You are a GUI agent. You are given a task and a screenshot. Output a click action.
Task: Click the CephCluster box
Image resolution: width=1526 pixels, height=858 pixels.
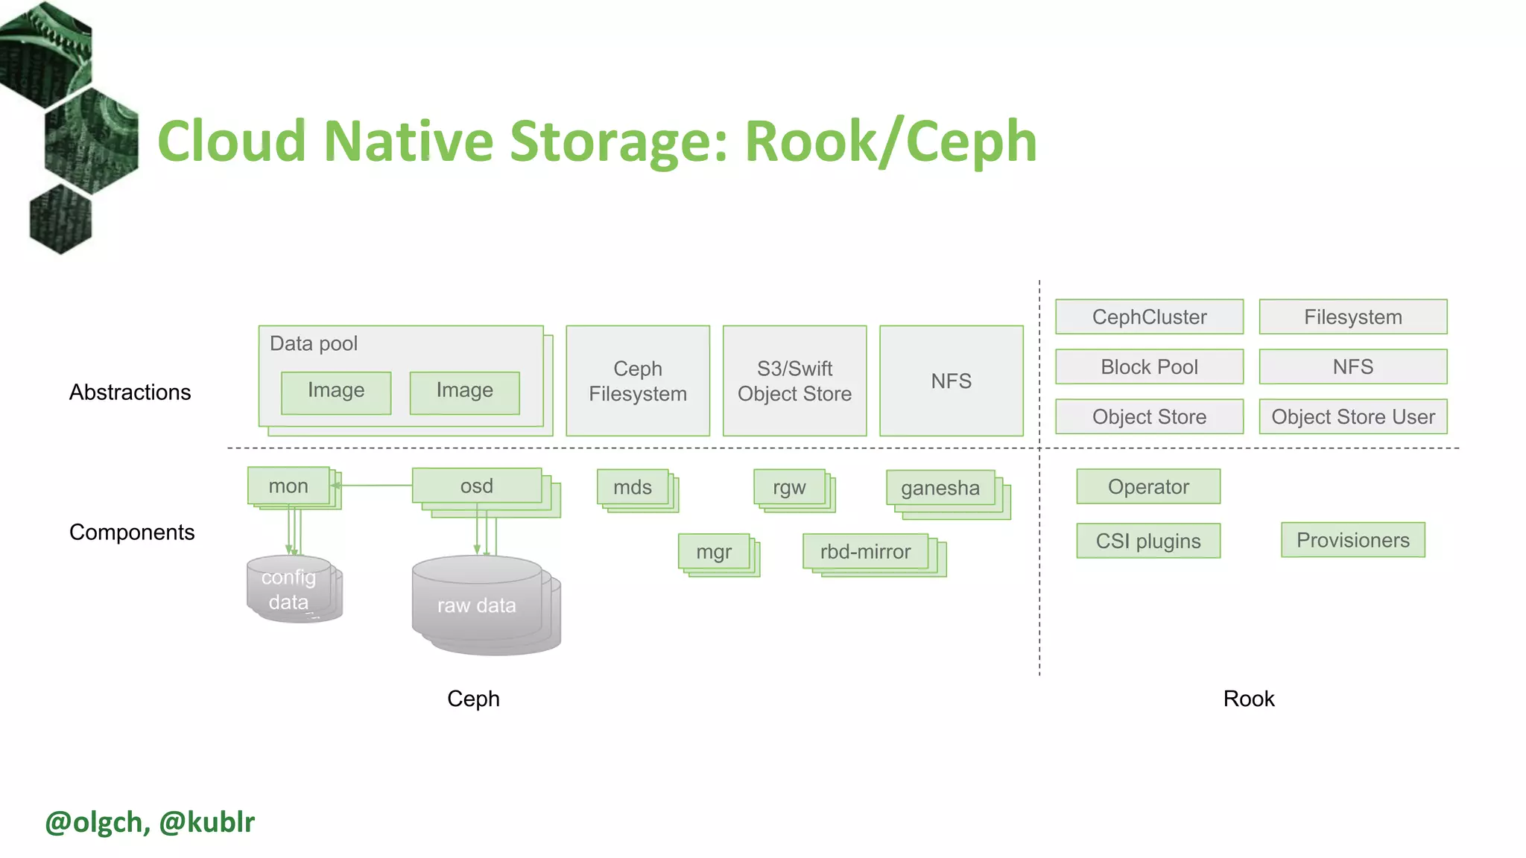[1149, 317]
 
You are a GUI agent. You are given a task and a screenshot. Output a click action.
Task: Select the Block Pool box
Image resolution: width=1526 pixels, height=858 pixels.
[1149, 366]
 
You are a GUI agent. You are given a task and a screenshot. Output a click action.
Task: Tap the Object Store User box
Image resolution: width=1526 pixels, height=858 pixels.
[1352, 416]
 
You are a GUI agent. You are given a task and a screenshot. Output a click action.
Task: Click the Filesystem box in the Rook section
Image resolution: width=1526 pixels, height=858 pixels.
[1352, 317]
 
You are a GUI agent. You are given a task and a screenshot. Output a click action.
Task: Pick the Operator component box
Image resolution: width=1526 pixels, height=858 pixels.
[1147, 486]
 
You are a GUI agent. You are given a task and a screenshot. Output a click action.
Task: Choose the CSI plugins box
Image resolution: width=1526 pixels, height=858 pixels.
[1147, 541]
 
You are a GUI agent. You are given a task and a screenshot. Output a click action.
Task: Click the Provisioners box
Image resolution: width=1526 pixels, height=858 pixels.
[1352, 540]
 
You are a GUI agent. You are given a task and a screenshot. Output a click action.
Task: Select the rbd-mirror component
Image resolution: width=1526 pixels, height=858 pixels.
[865, 552]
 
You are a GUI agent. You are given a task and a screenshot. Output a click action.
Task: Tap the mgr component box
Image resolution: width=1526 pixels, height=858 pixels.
[714, 552]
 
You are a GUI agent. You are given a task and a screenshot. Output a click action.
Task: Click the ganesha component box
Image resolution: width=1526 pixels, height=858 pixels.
[940, 488]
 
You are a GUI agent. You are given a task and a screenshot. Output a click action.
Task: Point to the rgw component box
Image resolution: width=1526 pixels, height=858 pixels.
[789, 487]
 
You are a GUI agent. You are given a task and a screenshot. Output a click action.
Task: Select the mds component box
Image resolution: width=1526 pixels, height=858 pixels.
[632, 487]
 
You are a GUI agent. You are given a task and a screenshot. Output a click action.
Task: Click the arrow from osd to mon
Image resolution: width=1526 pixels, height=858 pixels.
[373, 486]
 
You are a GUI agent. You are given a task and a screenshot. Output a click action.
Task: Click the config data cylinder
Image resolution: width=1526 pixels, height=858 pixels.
[289, 588]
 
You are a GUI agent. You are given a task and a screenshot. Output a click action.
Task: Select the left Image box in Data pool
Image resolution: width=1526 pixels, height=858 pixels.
[336, 392]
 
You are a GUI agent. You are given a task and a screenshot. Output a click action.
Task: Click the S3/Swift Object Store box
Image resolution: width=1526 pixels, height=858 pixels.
[794, 381]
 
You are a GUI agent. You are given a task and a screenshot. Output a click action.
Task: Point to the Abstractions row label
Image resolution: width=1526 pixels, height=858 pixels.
[130, 393]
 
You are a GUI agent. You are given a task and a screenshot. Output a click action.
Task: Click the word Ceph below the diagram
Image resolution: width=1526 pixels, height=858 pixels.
[473, 699]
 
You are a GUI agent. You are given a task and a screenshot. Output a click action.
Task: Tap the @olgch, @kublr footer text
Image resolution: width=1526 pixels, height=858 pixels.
[150, 822]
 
